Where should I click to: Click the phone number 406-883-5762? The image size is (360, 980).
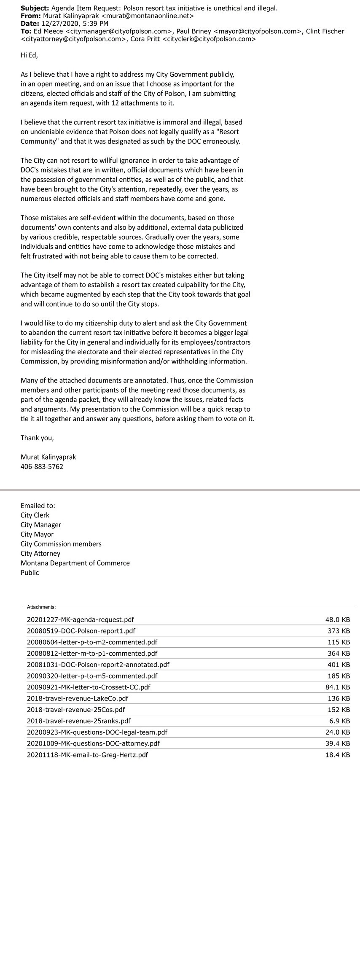point(42,466)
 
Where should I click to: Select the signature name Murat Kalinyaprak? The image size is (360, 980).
point(48,457)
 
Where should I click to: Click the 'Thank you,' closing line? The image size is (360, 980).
point(37,438)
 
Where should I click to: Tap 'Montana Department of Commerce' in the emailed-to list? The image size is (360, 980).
point(75,563)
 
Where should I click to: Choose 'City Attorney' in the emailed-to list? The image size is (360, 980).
point(40,553)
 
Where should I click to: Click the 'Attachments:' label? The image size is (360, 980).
point(41,607)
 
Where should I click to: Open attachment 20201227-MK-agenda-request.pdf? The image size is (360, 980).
point(81,620)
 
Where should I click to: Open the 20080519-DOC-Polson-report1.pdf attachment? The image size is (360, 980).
point(81,631)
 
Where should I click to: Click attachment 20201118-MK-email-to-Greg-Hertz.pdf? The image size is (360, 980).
point(87,755)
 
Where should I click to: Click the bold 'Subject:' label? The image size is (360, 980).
point(35,8)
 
